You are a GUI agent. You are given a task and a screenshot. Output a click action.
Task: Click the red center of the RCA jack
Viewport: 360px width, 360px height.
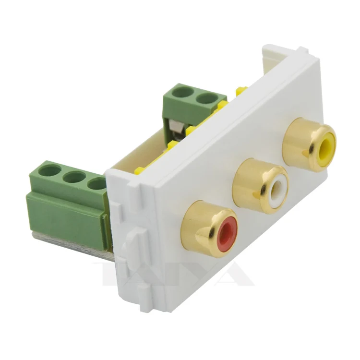[x=226, y=234]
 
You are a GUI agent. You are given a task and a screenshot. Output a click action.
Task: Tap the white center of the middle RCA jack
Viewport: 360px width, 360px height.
[x=277, y=190]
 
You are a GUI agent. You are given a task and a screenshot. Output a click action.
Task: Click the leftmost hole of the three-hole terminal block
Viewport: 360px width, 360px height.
[x=51, y=170]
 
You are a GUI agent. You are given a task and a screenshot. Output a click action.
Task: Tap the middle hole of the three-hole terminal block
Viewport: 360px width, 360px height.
[x=74, y=177]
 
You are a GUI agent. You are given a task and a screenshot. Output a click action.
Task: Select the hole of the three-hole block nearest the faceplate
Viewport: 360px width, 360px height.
[x=97, y=183]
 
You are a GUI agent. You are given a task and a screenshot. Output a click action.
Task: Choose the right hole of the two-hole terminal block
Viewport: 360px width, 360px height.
[x=206, y=98]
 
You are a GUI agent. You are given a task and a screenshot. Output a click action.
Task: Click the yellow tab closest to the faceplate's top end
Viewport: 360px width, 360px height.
[x=241, y=89]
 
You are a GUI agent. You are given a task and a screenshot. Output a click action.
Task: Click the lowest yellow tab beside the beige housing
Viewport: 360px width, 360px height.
[x=140, y=169]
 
